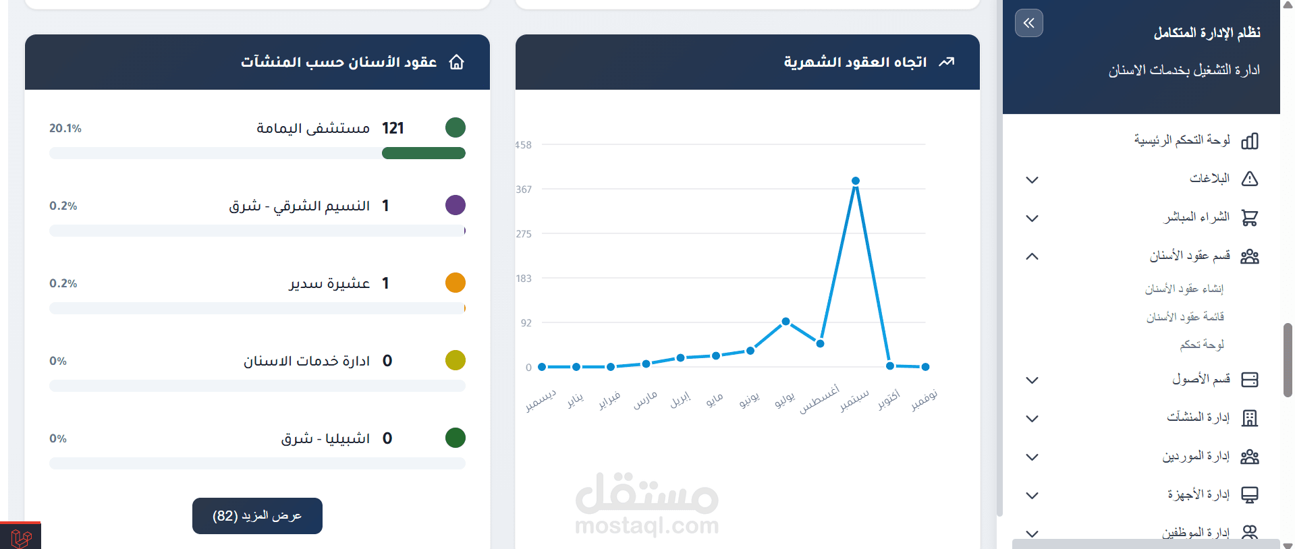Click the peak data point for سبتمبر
pyautogui.click(x=855, y=181)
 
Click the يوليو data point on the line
pyautogui.click(x=786, y=322)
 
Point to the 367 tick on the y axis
pyautogui.click(x=524, y=190)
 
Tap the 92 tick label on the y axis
pyautogui.click(x=526, y=323)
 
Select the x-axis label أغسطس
pyautogui.click(x=820, y=399)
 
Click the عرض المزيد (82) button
pyautogui.click(x=257, y=516)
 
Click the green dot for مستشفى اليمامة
pyautogui.click(x=456, y=127)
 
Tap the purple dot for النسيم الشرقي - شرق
pyautogui.click(x=456, y=205)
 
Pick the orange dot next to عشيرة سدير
pyautogui.click(x=456, y=283)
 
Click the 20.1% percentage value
pyautogui.click(x=65, y=128)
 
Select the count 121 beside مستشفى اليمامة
pyautogui.click(x=393, y=128)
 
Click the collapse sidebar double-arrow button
pyautogui.click(x=1028, y=23)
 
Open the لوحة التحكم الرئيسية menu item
pyautogui.click(x=1182, y=140)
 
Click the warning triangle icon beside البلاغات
pyautogui.click(x=1250, y=179)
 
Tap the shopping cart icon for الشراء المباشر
pyautogui.click(x=1250, y=217)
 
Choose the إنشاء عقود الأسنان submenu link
pyautogui.click(x=1184, y=289)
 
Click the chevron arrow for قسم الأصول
pyautogui.click(x=1032, y=380)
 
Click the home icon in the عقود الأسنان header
pyautogui.click(x=457, y=62)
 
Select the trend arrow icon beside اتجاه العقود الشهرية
pyautogui.click(x=947, y=62)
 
